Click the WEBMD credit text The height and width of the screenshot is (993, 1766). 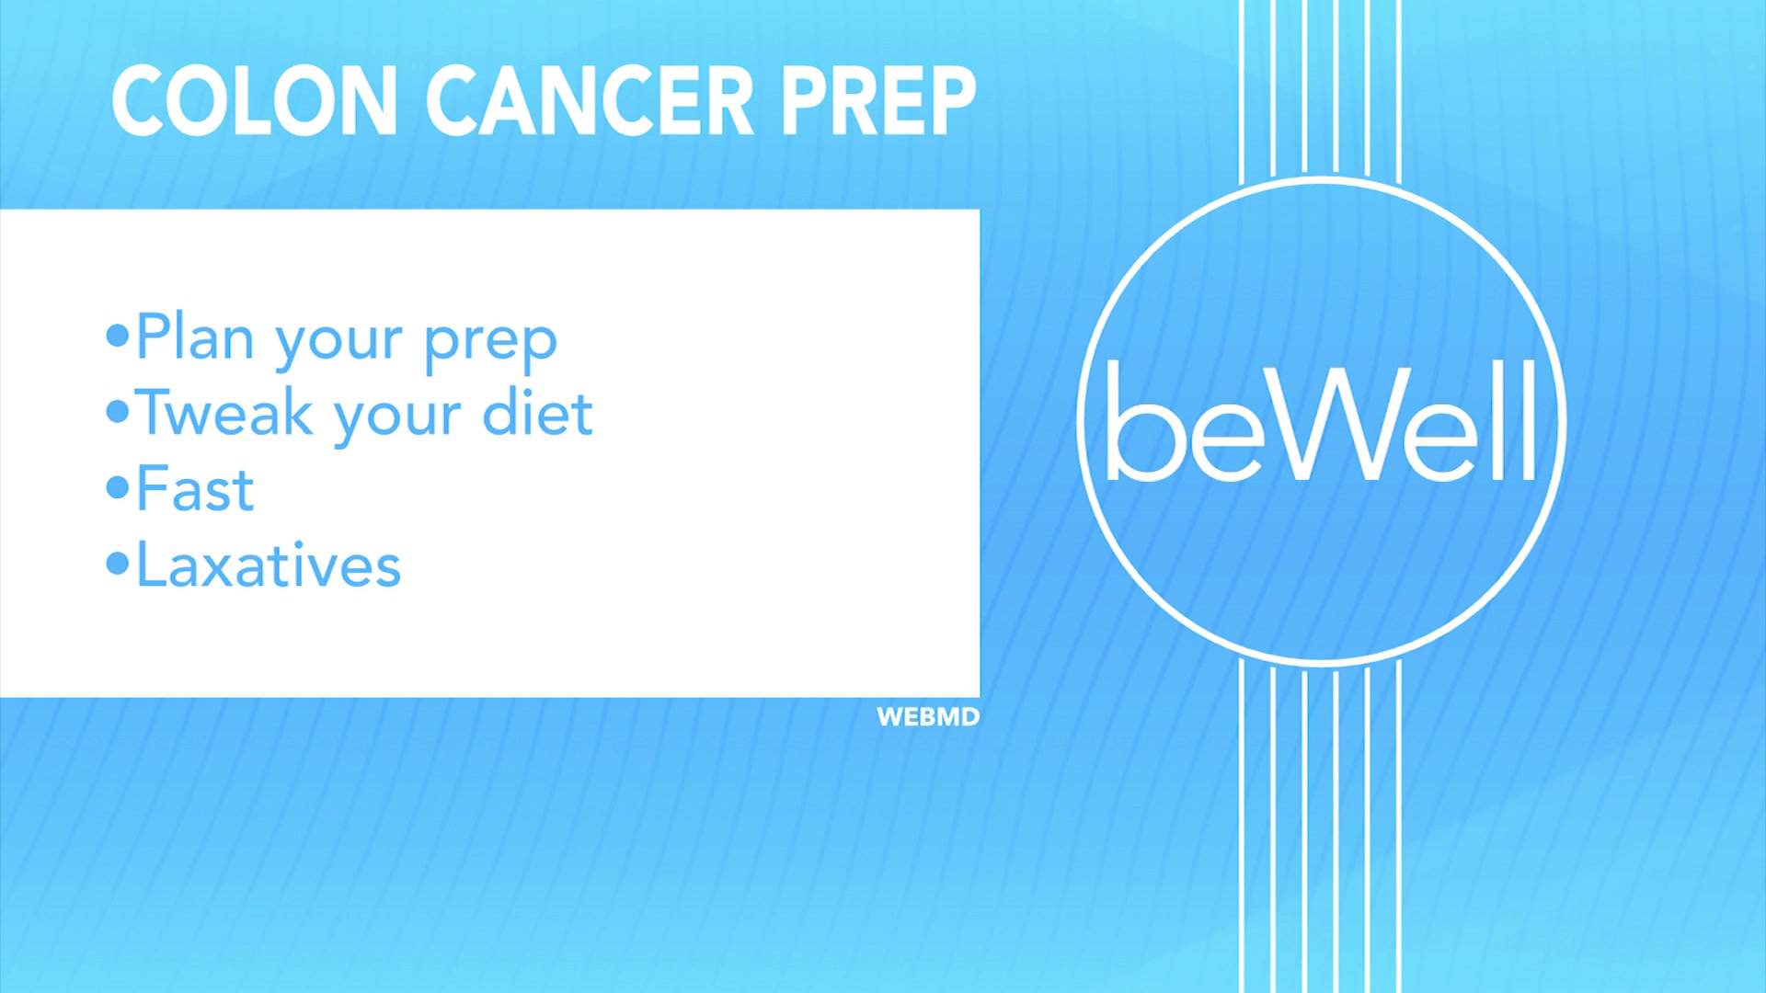[x=927, y=717]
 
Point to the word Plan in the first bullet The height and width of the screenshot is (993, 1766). [x=195, y=337]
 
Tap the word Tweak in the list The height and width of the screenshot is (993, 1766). [x=224, y=413]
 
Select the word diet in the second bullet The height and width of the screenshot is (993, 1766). [x=537, y=413]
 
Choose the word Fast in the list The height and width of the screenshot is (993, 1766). [x=195, y=489]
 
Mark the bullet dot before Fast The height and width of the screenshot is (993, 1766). [x=117, y=487]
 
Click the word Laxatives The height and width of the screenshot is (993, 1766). [x=269, y=565]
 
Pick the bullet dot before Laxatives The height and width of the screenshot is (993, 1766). [x=117, y=564]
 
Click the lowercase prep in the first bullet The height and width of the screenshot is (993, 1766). [x=490, y=343]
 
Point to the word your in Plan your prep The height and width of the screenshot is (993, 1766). [x=338, y=343]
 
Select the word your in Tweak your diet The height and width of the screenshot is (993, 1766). [x=397, y=418]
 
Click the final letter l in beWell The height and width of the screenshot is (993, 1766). [x=1527, y=420]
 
